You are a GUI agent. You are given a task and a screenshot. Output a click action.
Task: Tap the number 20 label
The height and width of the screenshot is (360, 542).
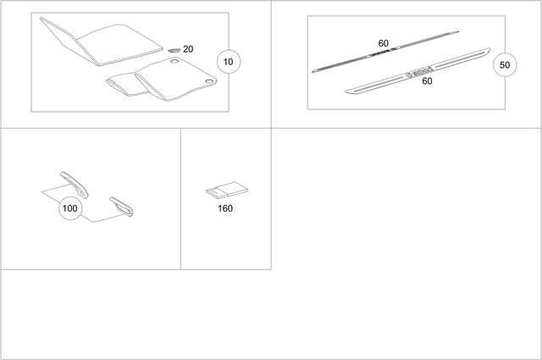tap(187, 49)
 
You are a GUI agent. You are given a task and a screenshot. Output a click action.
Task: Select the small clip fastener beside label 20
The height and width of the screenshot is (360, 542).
tap(173, 50)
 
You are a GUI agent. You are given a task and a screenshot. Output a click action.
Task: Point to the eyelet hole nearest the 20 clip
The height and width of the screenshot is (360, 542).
tap(174, 62)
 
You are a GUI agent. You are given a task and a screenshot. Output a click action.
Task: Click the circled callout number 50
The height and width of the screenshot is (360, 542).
tap(505, 64)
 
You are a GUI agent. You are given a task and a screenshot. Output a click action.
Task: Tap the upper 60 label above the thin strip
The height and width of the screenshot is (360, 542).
tap(383, 42)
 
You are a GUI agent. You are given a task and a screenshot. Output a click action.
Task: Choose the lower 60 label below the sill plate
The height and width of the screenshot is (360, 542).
tap(427, 81)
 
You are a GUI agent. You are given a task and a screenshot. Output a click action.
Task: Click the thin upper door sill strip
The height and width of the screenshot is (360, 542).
tap(385, 53)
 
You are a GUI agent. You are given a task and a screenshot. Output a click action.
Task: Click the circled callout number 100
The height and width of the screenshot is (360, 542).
tap(70, 208)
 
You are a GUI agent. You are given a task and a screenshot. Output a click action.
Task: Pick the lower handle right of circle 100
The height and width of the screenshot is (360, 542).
tap(123, 206)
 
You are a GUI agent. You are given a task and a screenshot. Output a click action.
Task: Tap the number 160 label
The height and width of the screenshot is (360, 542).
tap(225, 208)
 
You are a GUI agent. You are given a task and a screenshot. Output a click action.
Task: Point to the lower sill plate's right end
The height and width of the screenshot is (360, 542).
tap(486, 53)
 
